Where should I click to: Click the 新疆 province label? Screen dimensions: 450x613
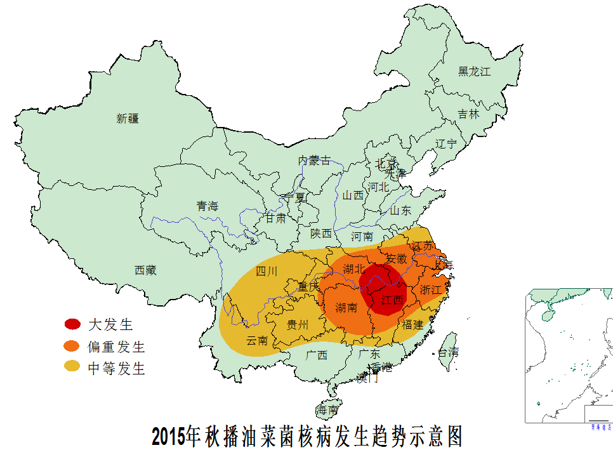coord(127,118)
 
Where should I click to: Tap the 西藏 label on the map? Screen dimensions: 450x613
coord(145,270)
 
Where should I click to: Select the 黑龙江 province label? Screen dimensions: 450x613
coord(475,72)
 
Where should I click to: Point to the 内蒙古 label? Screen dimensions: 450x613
coord(314,161)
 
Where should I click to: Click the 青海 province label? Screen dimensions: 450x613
coord(207,206)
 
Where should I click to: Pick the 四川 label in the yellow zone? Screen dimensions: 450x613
coord(267,272)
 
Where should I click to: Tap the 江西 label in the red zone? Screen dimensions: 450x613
coord(392,300)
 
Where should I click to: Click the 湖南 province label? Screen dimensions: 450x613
coord(346,308)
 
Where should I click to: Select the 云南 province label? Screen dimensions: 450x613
coord(257,340)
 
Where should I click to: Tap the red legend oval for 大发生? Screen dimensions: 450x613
coord(72,324)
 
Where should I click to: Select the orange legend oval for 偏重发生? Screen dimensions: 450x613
coord(72,346)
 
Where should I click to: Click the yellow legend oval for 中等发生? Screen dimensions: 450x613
coord(72,367)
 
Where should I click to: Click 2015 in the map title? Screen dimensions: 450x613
coord(169,437)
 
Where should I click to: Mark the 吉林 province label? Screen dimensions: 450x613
coord(469,114)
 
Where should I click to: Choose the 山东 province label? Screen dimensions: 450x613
coord(400,210)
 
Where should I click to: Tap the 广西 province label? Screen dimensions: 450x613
coord(317,355)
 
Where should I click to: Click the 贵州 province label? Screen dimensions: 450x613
coord(298,325)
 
